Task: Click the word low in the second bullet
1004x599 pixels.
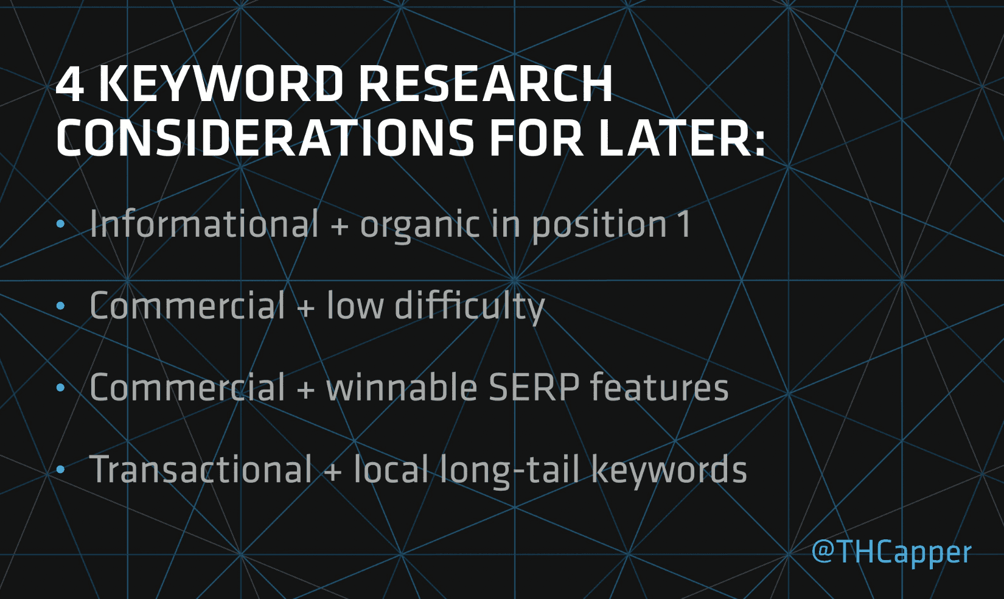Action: pyautogui.click(x=355, y=306)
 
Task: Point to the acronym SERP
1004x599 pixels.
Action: pyautogui.click(x=534, y=387)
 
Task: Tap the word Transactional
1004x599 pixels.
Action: pyautogui.click(x=201, y=469)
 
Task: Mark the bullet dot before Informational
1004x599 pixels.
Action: pyautogui.click(x=60, y=224)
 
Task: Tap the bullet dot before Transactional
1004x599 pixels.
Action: pyautogui.click(x=60, y=469)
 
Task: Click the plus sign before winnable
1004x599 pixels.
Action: pyautogui.click(x=305, y=388)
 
